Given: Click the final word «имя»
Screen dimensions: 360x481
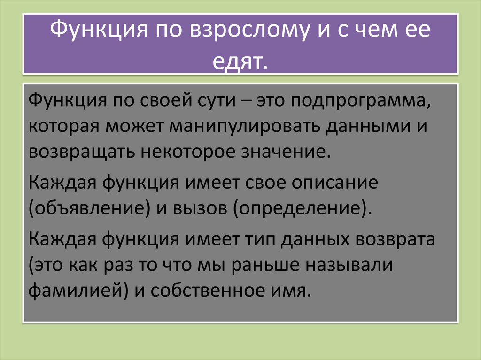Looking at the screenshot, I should click(x=295, y=292).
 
